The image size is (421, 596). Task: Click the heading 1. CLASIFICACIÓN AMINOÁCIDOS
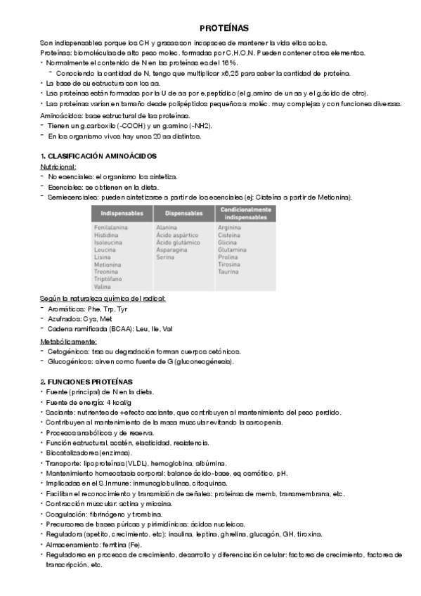coord(98,155)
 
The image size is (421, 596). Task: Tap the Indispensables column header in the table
coord(122,212)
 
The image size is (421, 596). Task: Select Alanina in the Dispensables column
coord(167,228)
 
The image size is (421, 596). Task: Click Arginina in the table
coord(231,228)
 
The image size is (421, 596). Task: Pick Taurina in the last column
coord(229,271)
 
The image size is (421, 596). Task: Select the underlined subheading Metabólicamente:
coord(69,341)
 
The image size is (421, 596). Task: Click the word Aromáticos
coord(66,309)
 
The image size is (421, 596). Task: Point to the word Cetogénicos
coord(69,351)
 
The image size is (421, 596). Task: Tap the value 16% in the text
coord(209,63)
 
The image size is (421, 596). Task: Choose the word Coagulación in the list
coord(67,514)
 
